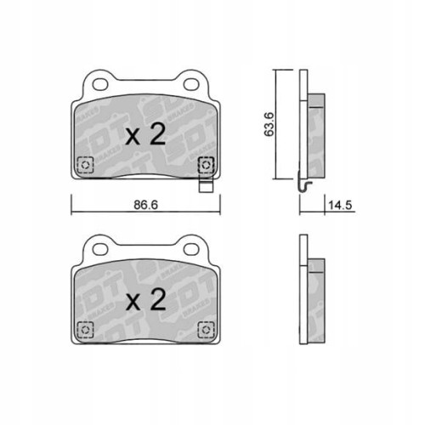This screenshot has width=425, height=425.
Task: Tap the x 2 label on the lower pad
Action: point(145,299)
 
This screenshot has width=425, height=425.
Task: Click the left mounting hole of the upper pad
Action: point(98,85)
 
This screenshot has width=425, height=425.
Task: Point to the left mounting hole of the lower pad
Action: point(98,250)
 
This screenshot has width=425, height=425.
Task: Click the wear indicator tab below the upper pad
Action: point(205,180)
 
